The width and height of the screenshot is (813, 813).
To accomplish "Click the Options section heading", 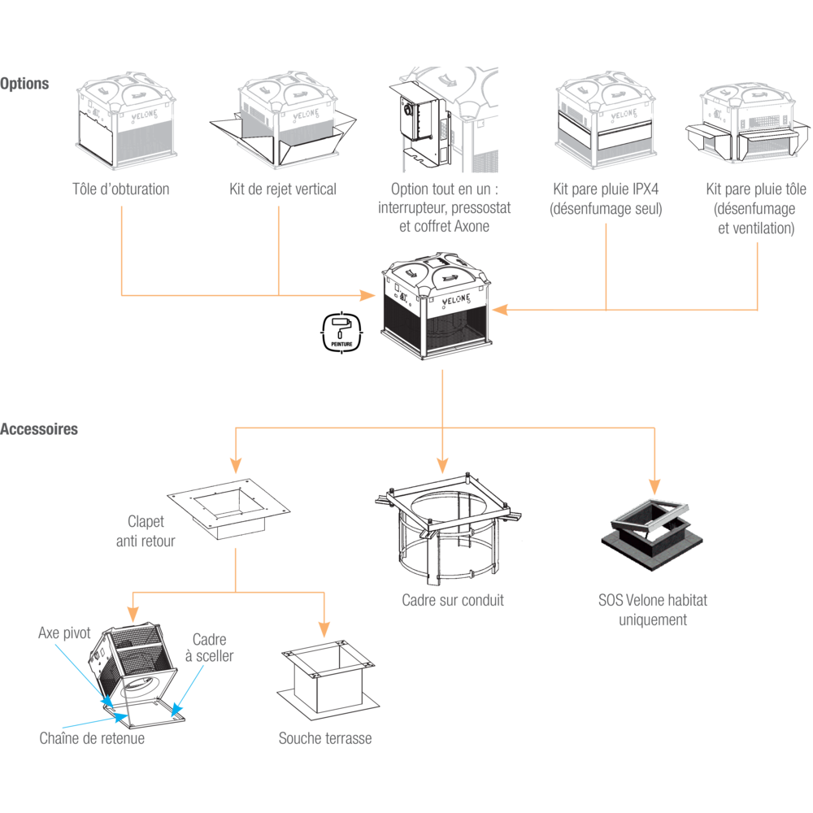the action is (x=24, y=84).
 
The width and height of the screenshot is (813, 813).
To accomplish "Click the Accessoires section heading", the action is (x=39, y=429).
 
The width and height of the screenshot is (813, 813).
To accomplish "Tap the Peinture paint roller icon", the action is (x=341, y=333).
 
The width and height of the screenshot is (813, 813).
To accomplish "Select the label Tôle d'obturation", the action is (x=121, y=189).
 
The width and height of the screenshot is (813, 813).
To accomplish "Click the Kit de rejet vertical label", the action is (x=283, y=189).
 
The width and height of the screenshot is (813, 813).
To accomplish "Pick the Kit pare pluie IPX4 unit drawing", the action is (x=606, y=120).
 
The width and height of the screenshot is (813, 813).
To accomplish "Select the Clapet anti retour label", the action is (x=146, y=532).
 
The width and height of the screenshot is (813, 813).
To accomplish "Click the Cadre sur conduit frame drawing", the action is (x=448, y=529).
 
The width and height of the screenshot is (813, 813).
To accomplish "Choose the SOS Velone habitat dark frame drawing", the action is (x=652, y=534).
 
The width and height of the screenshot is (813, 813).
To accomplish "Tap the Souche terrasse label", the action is (x=325, y=738).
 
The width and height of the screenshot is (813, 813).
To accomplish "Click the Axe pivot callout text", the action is (x=64, y=633).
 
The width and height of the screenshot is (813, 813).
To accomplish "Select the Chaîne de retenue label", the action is (x=93, y=738).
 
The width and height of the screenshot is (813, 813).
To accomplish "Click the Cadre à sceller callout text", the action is (x=210, y=648).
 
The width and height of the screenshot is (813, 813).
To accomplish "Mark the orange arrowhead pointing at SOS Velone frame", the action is (x=654, y=486).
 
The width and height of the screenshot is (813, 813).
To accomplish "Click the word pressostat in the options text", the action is (x=481, y=208).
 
